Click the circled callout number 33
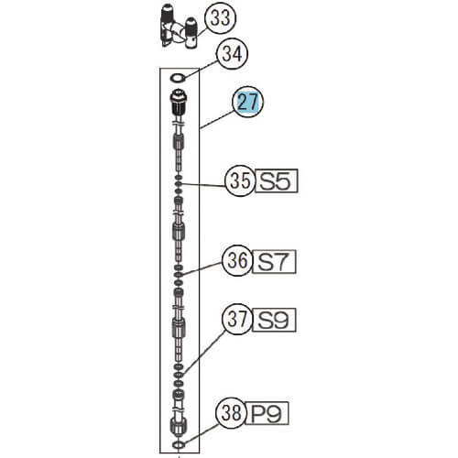(221, 18)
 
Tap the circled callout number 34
(232, 54)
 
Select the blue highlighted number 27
(247, 103)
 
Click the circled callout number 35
(240, 181)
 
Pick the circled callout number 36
(237, 261)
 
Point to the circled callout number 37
(237, 320)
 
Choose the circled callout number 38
(232, 413)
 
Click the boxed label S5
(276, 180)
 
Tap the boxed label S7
(274, 262)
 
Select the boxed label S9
(274, 320)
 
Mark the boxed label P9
(267, 413)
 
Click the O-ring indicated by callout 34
(178, 78)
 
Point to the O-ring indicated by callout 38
(179, 445)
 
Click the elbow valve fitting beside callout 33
(179, 27)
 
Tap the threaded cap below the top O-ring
(178, 103)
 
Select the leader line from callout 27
(217, 120)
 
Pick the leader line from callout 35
(203, 185)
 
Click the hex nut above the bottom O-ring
(179, 428)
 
